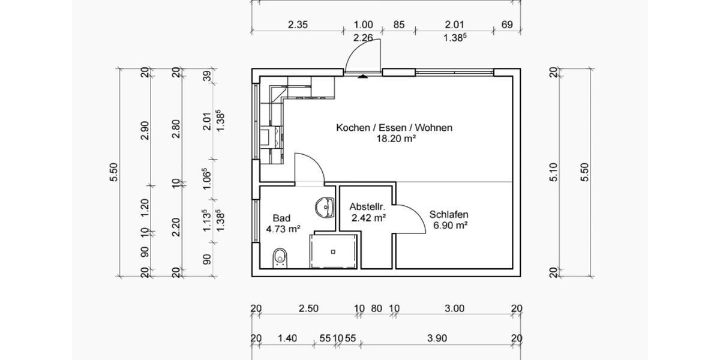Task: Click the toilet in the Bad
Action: click(280, 257)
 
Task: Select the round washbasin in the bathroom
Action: click(324, 207)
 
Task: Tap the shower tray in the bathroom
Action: click(334, 251)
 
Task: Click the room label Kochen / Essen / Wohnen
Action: click(394, 127)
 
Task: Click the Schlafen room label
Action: click(449, 214)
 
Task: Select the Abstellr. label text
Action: click(367, 207)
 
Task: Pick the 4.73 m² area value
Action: click(283, 229)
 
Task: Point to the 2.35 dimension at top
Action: click(298, 25)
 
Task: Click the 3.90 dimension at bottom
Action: click(437, 338)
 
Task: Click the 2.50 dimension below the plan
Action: click(308, 309)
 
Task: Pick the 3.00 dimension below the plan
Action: click(455, 309)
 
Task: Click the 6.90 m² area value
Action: click(450, 226)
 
